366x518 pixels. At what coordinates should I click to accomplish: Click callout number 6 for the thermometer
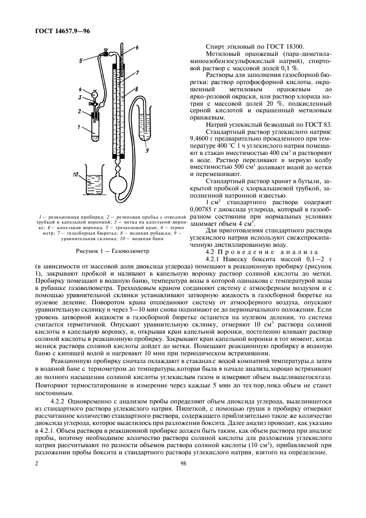[137, 47]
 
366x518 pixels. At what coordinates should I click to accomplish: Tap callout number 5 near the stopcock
[81, 59]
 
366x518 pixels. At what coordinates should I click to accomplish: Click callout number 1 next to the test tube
[80, 127]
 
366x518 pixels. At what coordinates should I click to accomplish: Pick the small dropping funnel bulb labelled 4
[95, 93]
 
